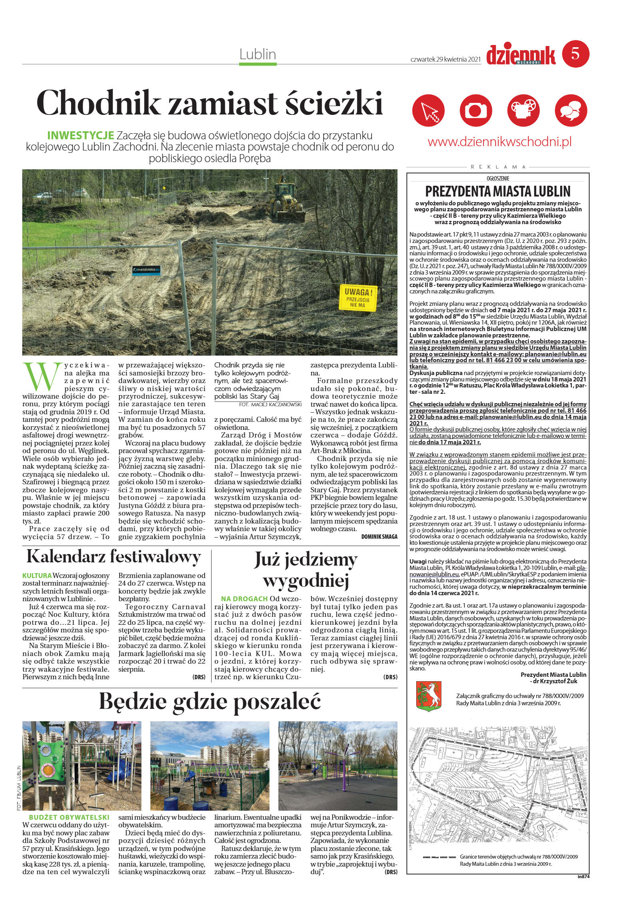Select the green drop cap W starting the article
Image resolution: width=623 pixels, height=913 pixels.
[42, 375]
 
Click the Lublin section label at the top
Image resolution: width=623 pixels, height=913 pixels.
[258, 54]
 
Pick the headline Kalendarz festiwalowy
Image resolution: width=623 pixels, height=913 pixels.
[113, 556]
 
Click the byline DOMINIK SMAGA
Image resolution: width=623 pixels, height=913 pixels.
[379, 536]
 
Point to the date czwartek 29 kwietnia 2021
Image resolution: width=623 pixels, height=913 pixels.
[445, 59]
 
